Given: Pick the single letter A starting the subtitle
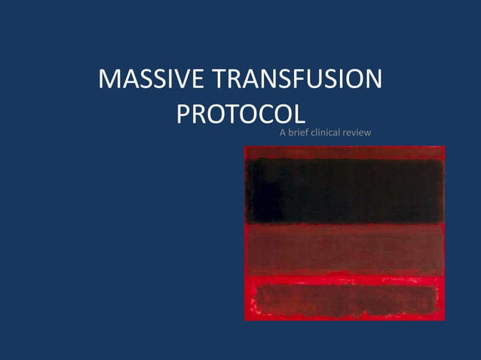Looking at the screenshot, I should point(283,134).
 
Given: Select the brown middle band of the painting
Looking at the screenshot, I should point(345,247).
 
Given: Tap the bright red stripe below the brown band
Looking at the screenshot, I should point(345,276).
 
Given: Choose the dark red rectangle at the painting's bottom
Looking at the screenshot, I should point(345,299).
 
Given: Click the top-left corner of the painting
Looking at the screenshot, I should point(245,147).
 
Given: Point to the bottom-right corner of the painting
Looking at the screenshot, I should point(444,319).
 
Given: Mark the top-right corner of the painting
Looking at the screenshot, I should point(444,147).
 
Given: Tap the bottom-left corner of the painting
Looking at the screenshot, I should point(245,319).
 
